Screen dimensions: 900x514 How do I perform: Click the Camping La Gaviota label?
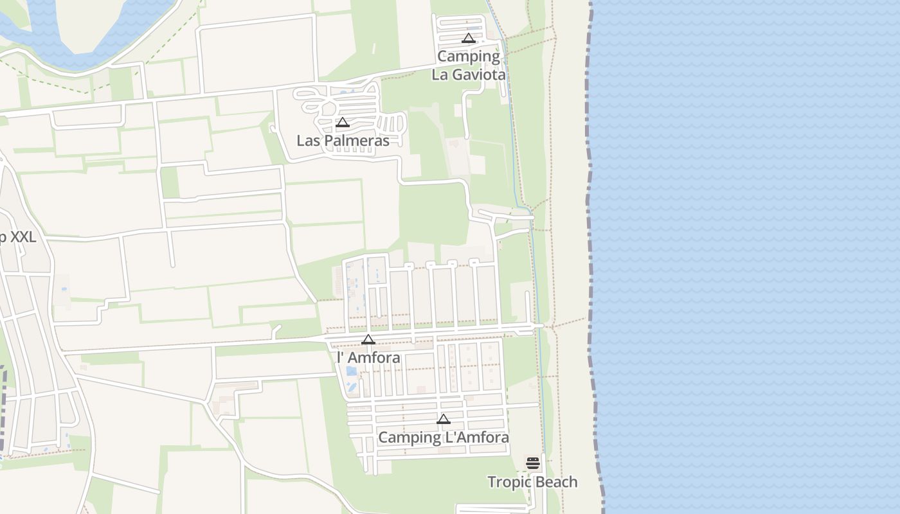(x=469, y=65)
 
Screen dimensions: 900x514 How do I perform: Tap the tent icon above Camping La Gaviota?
(x=469, y=38)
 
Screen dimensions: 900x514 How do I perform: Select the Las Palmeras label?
(x=343, y=140)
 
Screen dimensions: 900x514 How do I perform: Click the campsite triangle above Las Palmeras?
(x=343, y=122)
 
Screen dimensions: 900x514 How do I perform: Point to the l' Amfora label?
(x=368, y=357)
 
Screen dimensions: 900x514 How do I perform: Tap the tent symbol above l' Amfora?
(x=368, y=339)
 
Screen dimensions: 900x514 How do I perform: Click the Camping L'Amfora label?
(x=444, y=437)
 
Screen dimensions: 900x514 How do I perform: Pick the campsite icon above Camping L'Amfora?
(x=444, y=419)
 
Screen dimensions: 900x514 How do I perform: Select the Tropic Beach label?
(x=532, y=482)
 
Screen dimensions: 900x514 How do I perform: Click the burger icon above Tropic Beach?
(x=533, y=463)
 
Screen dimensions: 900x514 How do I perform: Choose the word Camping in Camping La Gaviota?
(x=469, y=56)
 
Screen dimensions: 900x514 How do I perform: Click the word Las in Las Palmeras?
(x=307, y=140)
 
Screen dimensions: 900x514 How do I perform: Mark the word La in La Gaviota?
(x=440, y=75)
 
